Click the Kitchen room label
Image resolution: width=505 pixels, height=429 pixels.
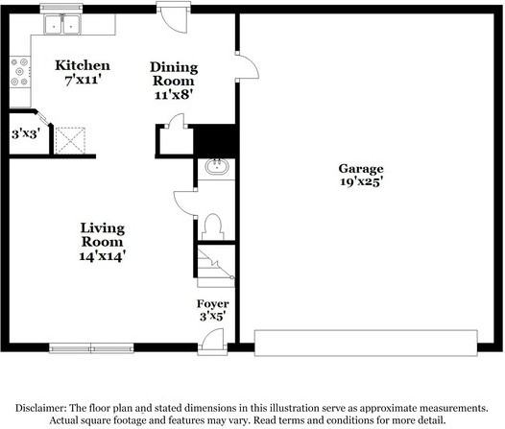tap(82, 65)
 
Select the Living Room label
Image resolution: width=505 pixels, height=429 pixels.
tap(103, 228)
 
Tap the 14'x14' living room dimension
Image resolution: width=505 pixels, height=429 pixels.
tap(103, 255)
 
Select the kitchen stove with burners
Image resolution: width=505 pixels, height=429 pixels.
tap(19, 70)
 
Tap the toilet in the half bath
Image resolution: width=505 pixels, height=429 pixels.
tap(213, 226)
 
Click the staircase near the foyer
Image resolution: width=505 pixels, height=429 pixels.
tap(215, 265)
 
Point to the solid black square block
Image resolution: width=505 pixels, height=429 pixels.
tap(214, 140)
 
